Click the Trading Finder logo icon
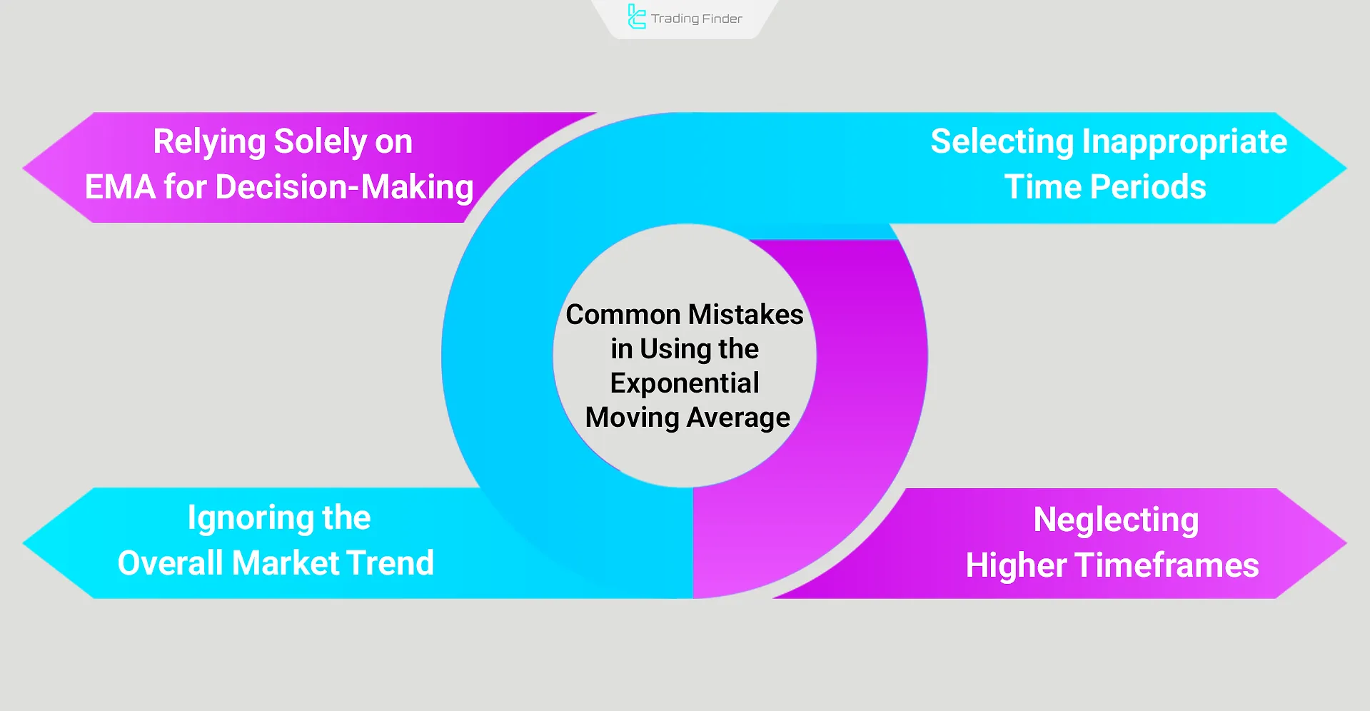636,16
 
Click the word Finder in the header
722,19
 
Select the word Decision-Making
344,187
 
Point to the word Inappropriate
1184,141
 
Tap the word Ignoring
250,518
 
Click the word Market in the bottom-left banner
286,563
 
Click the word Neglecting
1116,520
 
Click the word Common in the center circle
623,315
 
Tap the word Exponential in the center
685,383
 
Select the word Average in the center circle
738,418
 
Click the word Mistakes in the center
745,315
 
